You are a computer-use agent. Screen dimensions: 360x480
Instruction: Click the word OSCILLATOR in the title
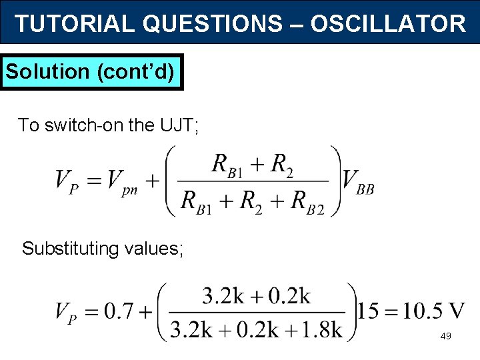(388, 24)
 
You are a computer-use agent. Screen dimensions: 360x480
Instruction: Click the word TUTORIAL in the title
(75, 24)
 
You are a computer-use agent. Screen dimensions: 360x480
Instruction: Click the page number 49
(445, 336)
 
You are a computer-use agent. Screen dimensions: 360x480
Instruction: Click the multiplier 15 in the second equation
(369, 311)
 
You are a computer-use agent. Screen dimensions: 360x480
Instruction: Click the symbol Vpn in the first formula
(122, 180)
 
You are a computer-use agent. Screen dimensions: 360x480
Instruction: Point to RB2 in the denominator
(307, 200)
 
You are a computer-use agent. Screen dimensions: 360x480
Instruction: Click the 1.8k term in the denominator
(317, 329)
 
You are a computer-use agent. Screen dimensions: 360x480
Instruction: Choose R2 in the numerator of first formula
(280, 164)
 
